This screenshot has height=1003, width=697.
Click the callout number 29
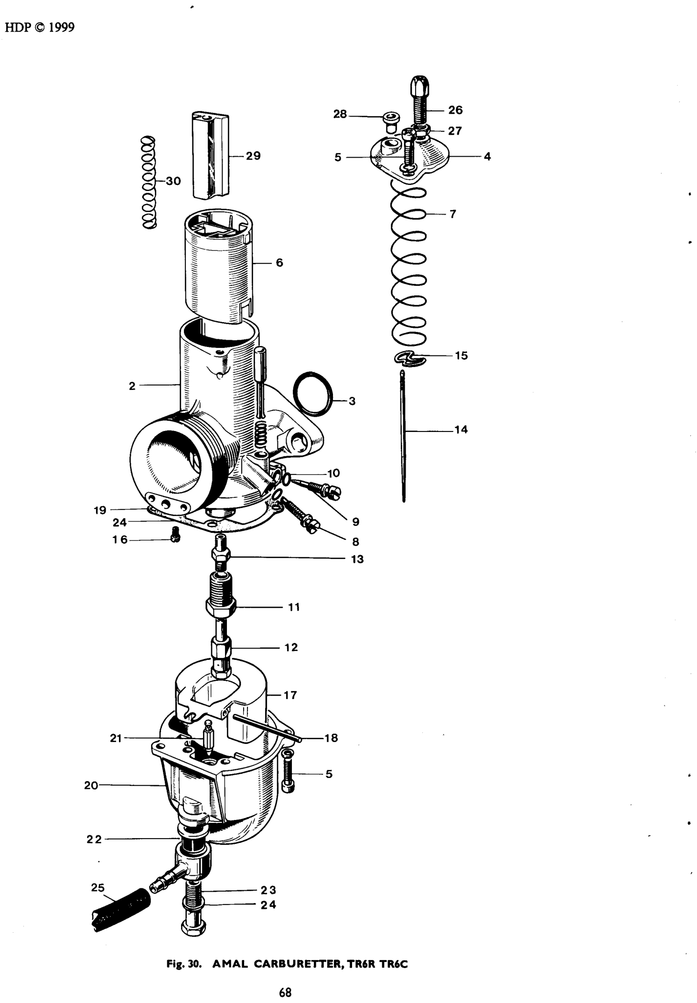(253, 156)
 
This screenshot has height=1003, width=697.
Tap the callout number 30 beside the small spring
(173, 181)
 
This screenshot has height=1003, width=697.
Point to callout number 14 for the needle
(461, 430)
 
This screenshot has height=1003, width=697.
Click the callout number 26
(456, 110)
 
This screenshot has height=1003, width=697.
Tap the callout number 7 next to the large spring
(453, 214)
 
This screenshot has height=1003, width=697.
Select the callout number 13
(357, 559)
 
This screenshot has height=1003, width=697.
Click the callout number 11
(294, 607)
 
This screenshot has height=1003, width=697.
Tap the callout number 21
(116, 738)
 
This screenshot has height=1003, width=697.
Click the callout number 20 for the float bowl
(91, 785)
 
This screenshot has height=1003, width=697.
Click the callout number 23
(269, 890)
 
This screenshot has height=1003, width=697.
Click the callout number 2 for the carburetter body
(132, 386)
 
